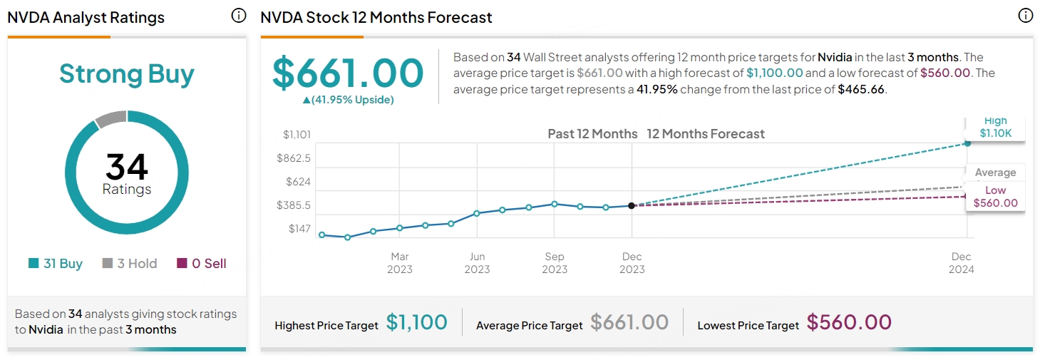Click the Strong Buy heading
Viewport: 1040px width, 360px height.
click(x=127, y=74)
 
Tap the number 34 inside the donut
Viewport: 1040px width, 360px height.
click(x=127, y=167)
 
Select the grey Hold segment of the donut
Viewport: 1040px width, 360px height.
click(x=110, y=118)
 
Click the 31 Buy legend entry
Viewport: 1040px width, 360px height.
click(x=56, y=264)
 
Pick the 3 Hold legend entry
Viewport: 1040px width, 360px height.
click(x=130, y=264)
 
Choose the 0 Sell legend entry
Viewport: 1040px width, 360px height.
click(x=202, y=264)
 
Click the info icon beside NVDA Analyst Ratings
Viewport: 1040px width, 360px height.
click(x=239, y=16)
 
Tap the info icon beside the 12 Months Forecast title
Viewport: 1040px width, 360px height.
click(x=1025, y=16)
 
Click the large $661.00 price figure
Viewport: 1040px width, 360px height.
click(x=349, y=73)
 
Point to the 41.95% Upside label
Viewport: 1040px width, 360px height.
click(x=349, y=100)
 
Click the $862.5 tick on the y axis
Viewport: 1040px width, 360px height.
click(x=294, y=158)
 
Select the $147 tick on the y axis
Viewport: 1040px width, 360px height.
click(x=299, y=229)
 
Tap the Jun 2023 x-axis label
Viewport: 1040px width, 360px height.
click(x=477, y=263)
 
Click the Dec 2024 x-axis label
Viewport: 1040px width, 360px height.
click(x=961, y=263)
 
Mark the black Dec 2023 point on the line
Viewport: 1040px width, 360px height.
click(x=632, y=205)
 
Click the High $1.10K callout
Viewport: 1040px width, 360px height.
click(x=995, y=128)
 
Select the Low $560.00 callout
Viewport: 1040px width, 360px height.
click(x=995, y=197)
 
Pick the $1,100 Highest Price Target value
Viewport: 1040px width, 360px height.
click(x=417, y=323)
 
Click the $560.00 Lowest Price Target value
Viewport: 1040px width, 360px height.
click(x=849, y=323)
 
